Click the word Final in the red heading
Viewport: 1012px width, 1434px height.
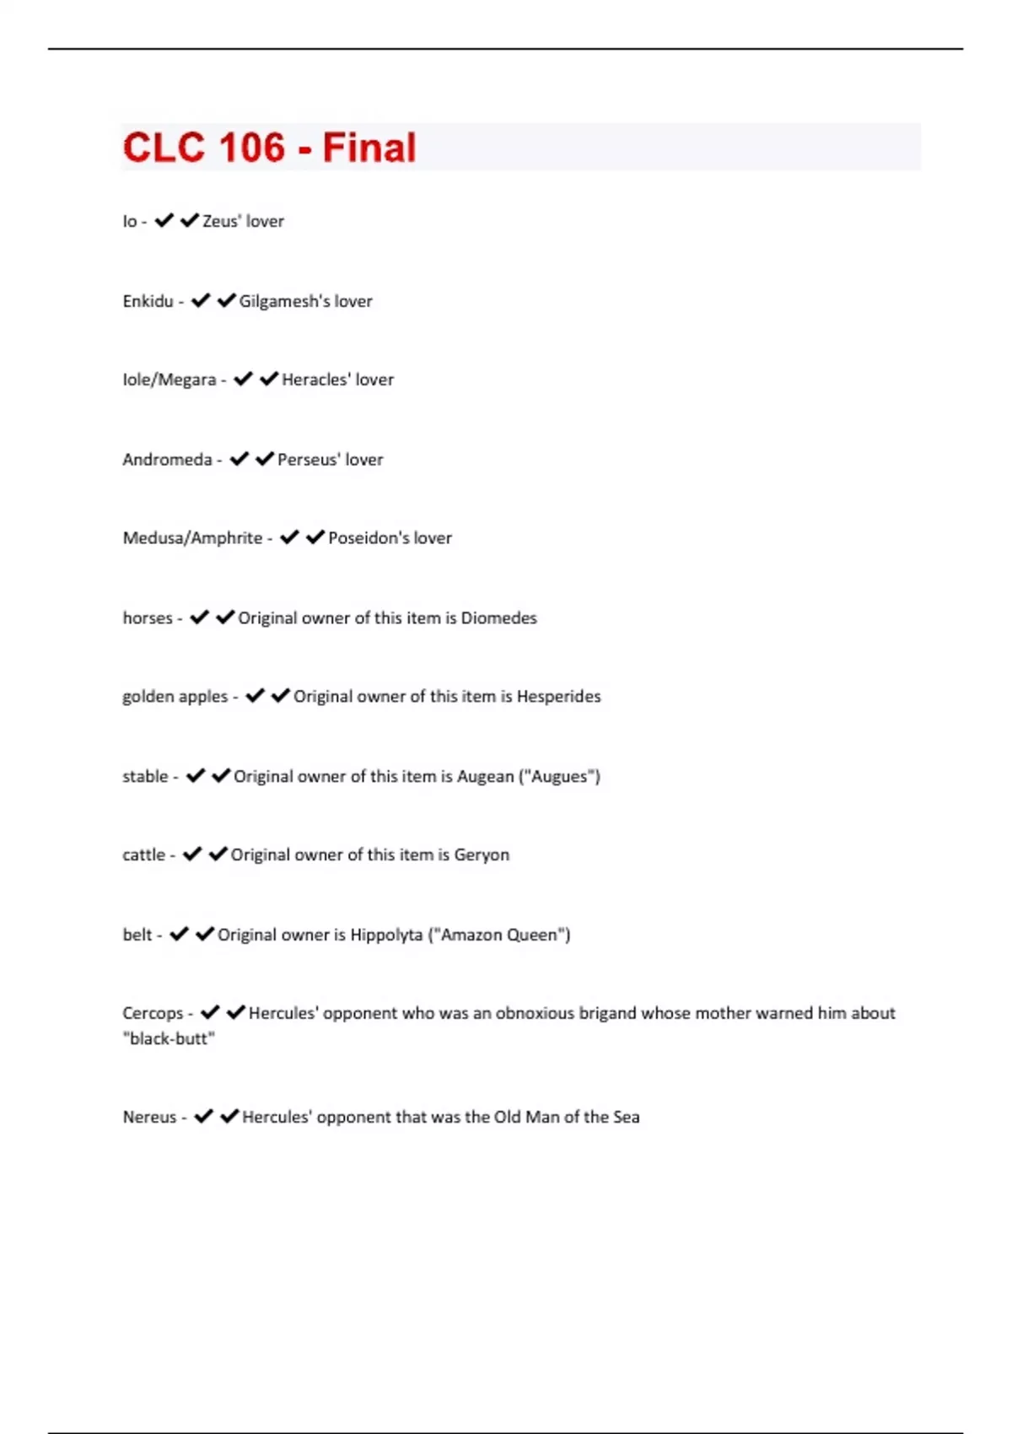click(x=369, y=148)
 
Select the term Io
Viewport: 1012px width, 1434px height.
click(x=129, y=221)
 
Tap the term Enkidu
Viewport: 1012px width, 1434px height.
click(x=148, y=301)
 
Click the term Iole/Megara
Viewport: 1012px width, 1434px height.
click(x=169, y=380)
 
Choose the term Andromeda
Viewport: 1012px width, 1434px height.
click(x=167, y=460)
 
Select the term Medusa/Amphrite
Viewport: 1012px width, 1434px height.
click(x=192, y=538)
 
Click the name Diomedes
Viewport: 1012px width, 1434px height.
click(x=498, y=618)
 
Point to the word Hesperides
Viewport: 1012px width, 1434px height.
click(x=558, y=697)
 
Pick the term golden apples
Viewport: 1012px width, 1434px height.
click(x=175, y=697)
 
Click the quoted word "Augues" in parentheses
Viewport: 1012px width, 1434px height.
click(x=559, y=776)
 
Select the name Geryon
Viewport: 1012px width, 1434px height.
click(x=482, y=854)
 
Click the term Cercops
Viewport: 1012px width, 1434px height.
click(x=153, y=1013)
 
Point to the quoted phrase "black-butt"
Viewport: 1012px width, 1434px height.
click(x=169, y=1038)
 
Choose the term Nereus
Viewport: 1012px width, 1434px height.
click(x=149, y=1117)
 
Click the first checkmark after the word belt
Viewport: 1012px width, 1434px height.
click(x=179, y=934)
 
